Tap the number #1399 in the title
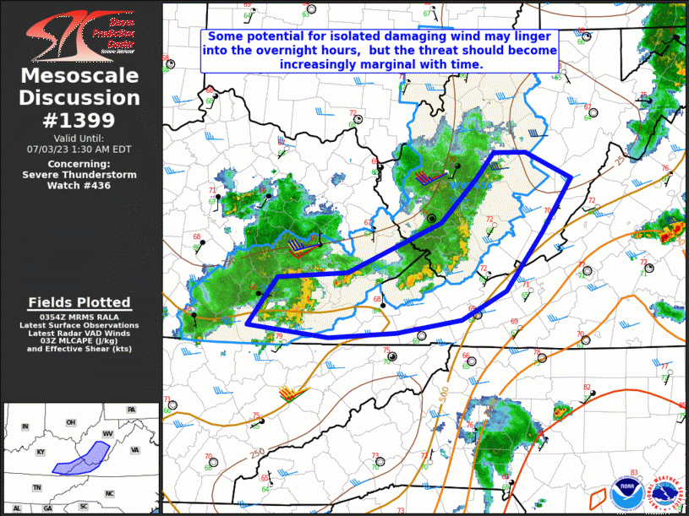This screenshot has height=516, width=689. [80, 120]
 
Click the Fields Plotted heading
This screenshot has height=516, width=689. [79, 302]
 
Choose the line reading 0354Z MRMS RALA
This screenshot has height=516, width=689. [80, 318]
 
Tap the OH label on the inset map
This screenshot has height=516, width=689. [70, 422]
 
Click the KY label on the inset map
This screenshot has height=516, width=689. [40, 452]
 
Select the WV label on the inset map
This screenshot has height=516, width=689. [107, 433]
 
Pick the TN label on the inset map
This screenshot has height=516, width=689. [36, 487]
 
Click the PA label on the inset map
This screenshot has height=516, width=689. [131, 410]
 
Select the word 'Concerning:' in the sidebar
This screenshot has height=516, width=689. [79, 164]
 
